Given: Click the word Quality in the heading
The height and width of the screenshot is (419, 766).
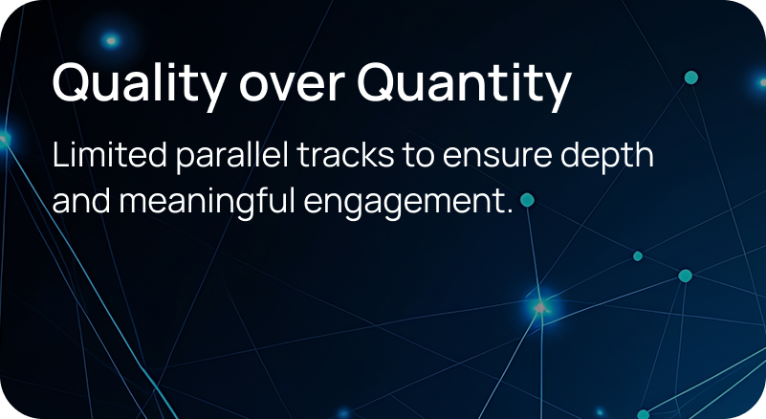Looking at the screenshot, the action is [x=140, y=84].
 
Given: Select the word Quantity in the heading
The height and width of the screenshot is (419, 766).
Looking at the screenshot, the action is [x=464, y=84].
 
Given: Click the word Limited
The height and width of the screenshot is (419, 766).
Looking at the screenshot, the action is [x=109, y=155].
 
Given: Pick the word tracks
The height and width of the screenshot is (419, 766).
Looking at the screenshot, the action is [x=345, y=155].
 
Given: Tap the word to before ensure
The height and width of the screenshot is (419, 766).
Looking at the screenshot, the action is [x=418, y=157].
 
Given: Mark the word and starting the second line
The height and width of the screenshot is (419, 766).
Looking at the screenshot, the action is [x=81, y=200].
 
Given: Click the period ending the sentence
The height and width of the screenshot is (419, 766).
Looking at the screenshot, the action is [x=510, y=211].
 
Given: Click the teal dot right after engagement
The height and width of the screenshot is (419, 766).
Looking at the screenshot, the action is [x=527, y=200].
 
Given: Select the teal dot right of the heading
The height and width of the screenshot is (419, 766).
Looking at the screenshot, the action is [x=690, y=77].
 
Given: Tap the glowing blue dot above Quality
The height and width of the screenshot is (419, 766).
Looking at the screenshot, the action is [x=111, y=40].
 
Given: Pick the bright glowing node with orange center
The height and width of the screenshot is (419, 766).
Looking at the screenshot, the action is [x=540, y=307].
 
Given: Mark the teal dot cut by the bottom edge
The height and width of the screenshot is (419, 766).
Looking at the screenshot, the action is [x=644, y=414].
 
